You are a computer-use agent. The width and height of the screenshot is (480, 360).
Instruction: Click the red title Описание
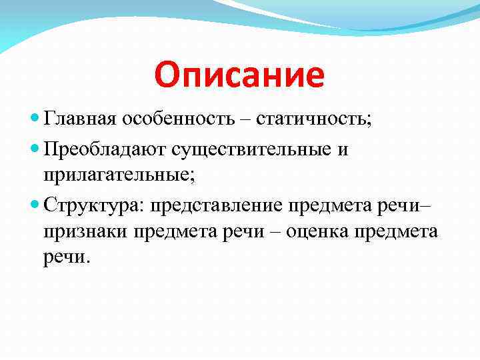[x=239, y=75]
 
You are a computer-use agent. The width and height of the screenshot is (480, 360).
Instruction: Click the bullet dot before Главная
[x=36, y=119]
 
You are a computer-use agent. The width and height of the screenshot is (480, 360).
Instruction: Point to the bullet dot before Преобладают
[x=36, y=150]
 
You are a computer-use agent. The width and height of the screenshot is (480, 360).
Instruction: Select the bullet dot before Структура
[x=36, y=203]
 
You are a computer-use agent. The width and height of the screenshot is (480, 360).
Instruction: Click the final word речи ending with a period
[x=65, y=257]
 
